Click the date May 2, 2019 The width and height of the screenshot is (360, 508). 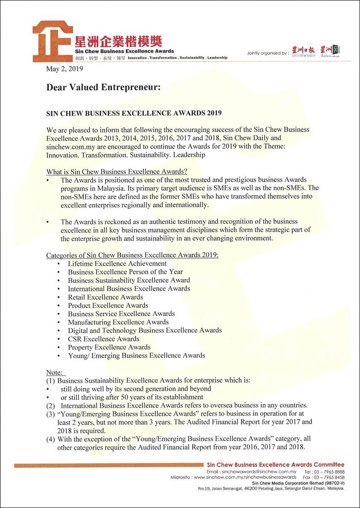click(x=65, y=69)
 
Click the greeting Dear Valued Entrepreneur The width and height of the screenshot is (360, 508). click(x=104, y=87)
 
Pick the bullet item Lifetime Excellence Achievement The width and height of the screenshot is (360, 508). click(x=117, y=263)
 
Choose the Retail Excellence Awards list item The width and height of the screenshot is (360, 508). click(x=105, y=297)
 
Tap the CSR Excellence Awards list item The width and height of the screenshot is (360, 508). click(x=104, y=339)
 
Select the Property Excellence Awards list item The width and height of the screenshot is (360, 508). click(x=109, y=347)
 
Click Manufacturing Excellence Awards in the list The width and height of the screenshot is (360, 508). click(x=118, y=322)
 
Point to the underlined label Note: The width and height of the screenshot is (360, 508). click(x=56, y=372)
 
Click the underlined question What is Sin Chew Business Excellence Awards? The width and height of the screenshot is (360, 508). click(x=117, y=172)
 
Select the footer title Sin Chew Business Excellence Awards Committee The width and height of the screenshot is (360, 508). click(x=275, y=465)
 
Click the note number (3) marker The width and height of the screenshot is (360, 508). click(x=51, y=414)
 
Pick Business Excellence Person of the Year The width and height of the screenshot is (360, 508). click(x=125, y=272)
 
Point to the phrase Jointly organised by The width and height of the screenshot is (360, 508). click(x=267, y=53)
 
